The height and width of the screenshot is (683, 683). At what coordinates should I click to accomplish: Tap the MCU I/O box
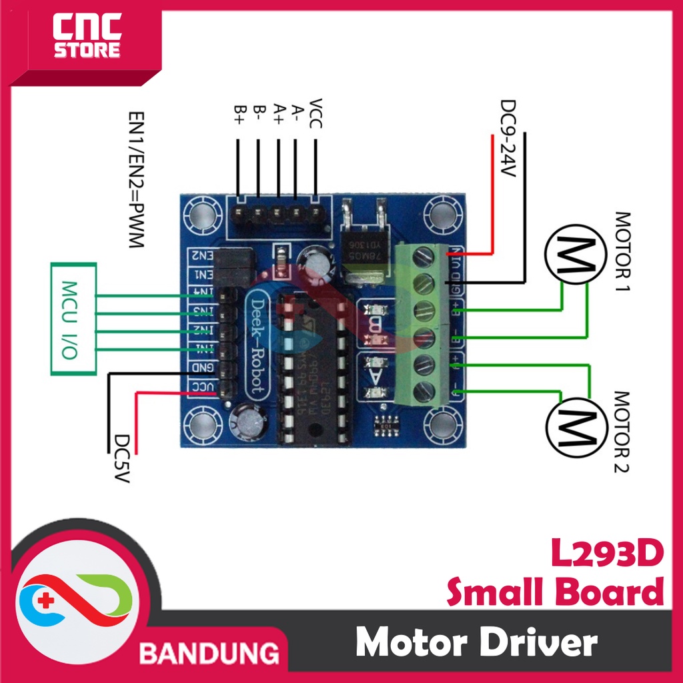(73, 319)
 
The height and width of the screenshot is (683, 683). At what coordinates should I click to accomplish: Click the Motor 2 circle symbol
(573, 423)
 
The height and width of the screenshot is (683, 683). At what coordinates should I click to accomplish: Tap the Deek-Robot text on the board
(258, 346)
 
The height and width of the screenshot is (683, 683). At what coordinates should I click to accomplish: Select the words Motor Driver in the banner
(476, 644)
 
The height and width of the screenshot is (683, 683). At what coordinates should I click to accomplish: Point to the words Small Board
(556, 592)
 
